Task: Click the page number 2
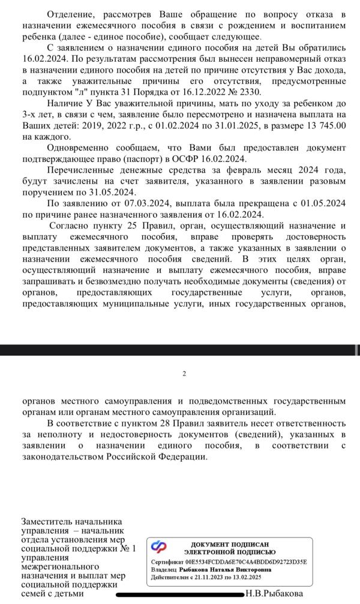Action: pyautogui.click(x=184, y=374)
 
